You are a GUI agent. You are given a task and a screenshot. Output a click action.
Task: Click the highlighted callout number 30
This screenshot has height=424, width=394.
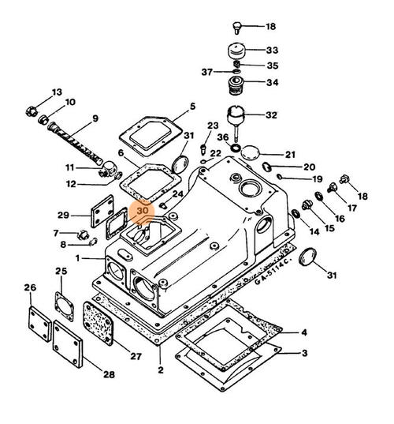tap(143, 210)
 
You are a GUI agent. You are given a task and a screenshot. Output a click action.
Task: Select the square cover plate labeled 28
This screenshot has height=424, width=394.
tap(68, 344)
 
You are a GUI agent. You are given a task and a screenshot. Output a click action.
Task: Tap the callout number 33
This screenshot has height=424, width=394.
tap(272, 51)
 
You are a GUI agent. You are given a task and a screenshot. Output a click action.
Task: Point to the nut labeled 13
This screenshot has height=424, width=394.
tap(32, 111)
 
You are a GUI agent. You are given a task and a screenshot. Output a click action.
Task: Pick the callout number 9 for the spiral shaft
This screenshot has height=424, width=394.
tap(95, 118)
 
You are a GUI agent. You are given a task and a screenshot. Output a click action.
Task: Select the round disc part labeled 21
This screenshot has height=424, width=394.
tap(250, 153)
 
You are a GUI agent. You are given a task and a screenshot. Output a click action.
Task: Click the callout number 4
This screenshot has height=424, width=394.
tap(304, 332)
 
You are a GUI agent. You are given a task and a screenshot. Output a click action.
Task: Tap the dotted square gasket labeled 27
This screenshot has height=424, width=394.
tap(98, 324)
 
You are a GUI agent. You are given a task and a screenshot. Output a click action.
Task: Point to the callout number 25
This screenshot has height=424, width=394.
tap(61, 271)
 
